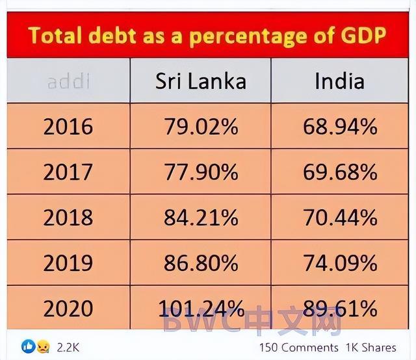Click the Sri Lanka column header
[x=200, y=81]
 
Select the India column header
[x=339, y=81]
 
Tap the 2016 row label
[x=68, y=127]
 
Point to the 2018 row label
[x=68, y=217]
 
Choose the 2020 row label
[x=68, y=308]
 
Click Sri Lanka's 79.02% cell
[x=201, y=127]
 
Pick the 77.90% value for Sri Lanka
[x=201, y=172]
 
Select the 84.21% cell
[x=201, y=217]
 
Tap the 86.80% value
[x=201, y=263]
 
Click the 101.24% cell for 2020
[x=201, y=308]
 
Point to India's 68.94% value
[x=340, y=127]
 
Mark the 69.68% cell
[x=340, y=172]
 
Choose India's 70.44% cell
[x=340, y=217]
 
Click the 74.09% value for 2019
[x=340, y=263]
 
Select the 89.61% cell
[x=340, y=308]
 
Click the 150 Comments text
[x=298, y=348]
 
